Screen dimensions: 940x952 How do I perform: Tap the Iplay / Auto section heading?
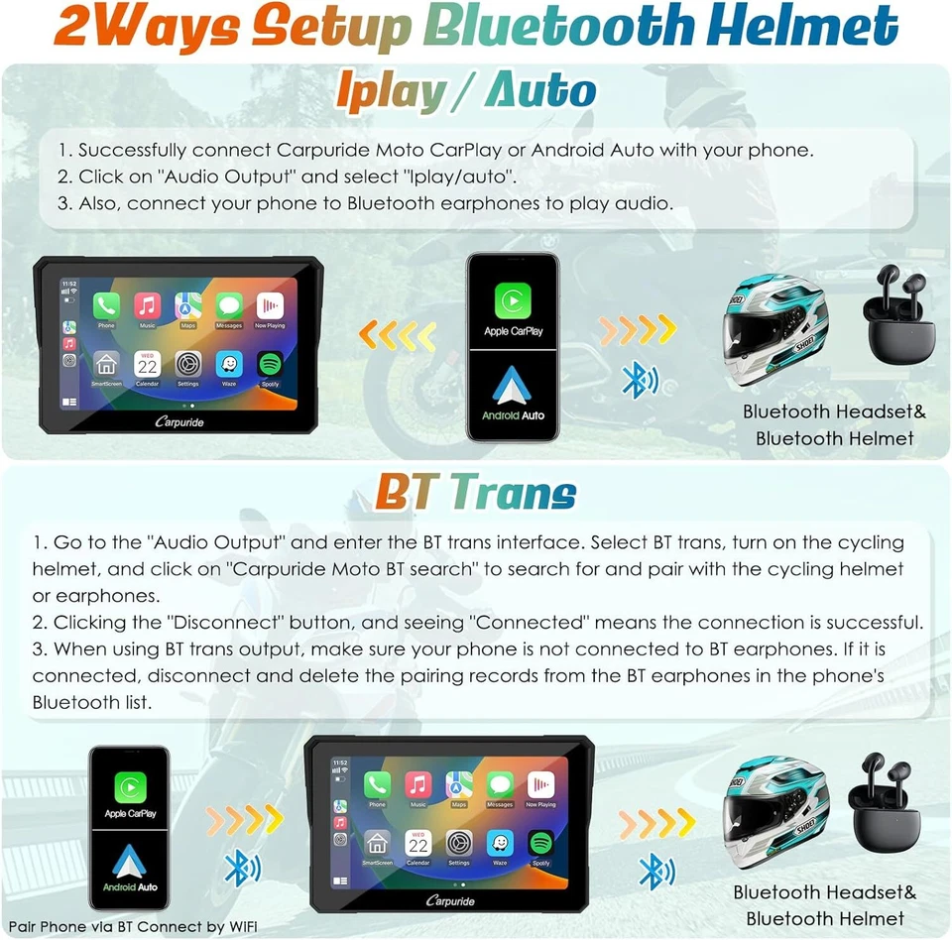coord(466,92)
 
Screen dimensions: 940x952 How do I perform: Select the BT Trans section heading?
coord(475,492)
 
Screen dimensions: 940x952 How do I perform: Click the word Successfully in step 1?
coord(133,151)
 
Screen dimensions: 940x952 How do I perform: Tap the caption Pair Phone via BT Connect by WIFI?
coord(133,926)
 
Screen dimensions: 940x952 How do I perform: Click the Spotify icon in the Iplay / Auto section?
coord(270,364)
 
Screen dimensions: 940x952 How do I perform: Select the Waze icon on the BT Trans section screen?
coord(500,843)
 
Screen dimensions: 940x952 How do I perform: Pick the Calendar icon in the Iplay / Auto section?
coord(147,364)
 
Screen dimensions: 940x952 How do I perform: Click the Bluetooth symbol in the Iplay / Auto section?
coord(635,380)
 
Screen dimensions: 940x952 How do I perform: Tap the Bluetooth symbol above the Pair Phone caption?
coord(236,870)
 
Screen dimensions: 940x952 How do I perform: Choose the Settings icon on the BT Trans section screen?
coord(458,843)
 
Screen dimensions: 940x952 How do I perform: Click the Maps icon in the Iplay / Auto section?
coord(188,306)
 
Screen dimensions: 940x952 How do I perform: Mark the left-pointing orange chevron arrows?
coord(397,334)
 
